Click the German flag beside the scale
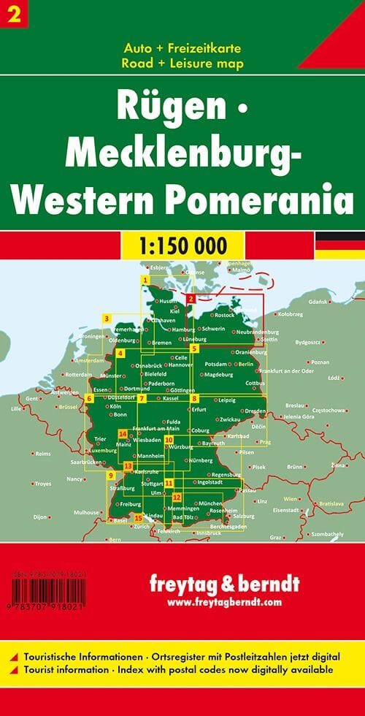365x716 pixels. (339, 245)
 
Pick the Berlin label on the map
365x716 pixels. (245, 363)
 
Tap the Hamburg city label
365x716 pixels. (182, 330)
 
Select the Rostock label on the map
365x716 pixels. (222, 315)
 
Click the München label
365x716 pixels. (210, 503)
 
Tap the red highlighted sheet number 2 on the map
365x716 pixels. (191, 298)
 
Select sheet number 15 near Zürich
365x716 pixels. (138, 517)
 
